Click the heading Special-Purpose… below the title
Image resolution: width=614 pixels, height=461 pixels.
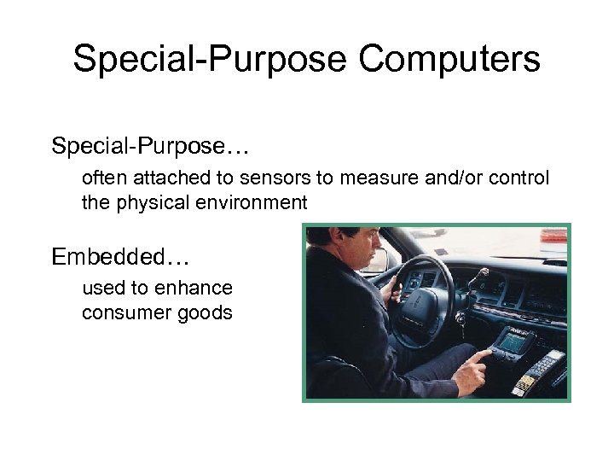click(x=149, y=146)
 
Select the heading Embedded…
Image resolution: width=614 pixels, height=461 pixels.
click(x=120, y=256)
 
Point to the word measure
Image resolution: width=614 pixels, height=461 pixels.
click(x=374, y=178)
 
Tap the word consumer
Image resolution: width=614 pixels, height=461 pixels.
click(x=122, y=312)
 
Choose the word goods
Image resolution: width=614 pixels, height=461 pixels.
click(x=205, y=312)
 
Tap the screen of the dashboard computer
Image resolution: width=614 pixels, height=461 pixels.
click(x=513, y=341)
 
